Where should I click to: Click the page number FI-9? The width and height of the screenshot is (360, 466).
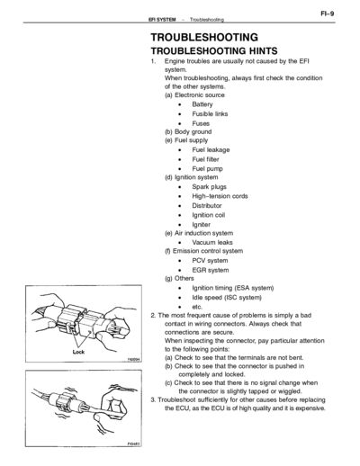[328, 13]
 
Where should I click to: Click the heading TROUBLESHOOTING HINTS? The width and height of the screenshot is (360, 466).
[214, 50]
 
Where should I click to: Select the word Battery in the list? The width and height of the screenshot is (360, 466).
[202, 104]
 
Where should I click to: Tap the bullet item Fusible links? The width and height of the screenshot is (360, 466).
[210, 114]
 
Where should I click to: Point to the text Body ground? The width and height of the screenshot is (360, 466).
[193, 131]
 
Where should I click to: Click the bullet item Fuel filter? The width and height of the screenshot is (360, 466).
[205, 159]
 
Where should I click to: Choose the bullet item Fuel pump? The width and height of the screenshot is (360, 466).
[207, 169]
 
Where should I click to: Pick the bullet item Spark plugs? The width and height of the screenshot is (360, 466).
[209, 187]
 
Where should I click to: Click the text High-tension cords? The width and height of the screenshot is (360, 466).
[220, 196]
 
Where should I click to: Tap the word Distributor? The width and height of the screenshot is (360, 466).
[207, 206]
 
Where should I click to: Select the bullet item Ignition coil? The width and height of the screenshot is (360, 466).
[208, 215]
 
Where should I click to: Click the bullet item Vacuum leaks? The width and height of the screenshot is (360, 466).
[212, 242]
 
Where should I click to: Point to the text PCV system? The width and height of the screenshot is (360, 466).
[210, 261]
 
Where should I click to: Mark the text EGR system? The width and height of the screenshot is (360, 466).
[210, 270]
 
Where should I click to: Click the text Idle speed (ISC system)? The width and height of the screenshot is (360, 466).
[227, 298]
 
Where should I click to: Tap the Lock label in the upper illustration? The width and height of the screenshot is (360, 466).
[78, 352]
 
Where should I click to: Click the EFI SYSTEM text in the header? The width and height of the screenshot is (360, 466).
[162, 20]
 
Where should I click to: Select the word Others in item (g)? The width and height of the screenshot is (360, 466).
[184, 278]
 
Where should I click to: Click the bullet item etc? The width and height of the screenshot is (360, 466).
[197, 307]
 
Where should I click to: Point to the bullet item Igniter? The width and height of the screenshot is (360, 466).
[201, 225]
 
